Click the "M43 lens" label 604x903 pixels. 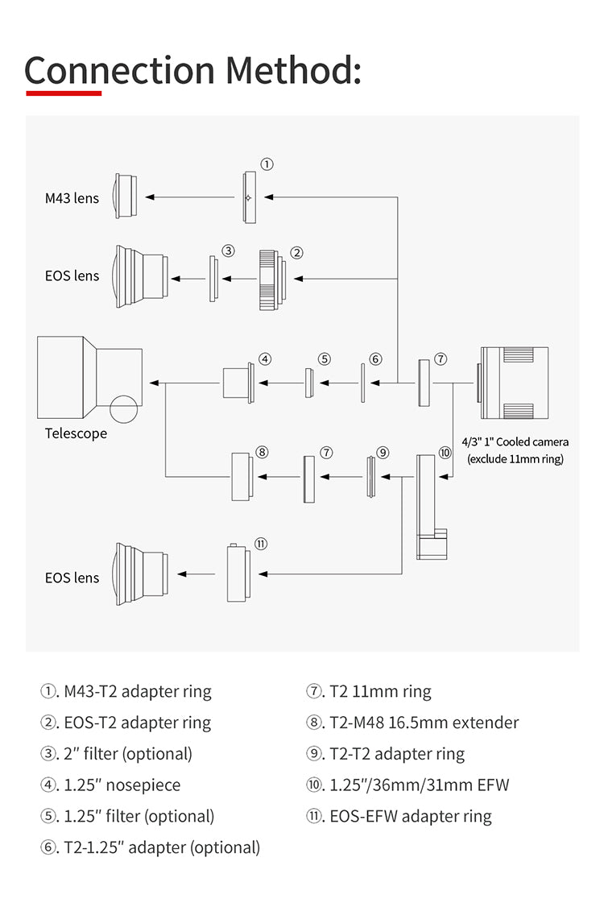72,197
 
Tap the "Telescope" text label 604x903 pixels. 76,433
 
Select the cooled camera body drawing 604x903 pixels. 514,383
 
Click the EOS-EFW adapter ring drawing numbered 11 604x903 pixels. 238,573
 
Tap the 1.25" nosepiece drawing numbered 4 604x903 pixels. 238,382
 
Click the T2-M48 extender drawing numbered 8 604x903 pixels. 242,478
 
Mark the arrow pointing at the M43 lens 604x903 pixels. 190,197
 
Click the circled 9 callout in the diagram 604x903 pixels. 383,453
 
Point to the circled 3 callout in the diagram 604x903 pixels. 228,251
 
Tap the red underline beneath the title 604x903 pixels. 64,93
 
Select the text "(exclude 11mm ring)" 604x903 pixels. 515,459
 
